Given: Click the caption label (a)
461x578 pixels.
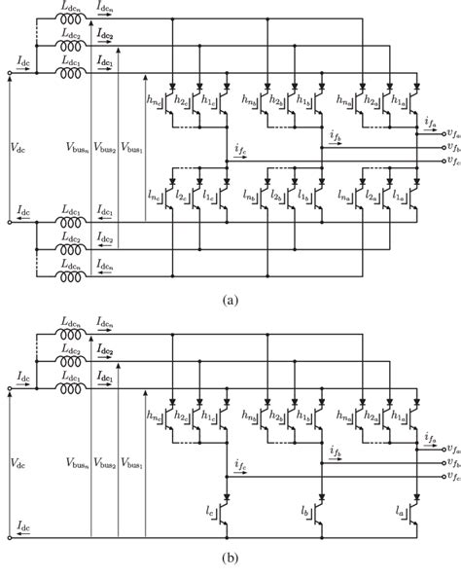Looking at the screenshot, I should [230, 301].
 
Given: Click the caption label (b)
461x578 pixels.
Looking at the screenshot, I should [230, 561].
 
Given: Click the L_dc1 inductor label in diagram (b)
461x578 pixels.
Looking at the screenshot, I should [71, 365].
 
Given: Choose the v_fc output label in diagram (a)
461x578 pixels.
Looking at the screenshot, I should [451, 160].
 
